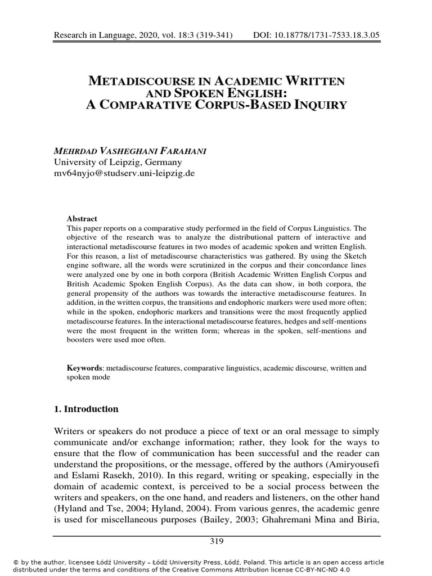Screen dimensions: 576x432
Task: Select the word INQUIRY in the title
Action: (x=317, y=105)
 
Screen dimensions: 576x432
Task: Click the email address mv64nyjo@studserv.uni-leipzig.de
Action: (x=124, y=173)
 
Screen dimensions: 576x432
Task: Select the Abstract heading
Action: (x=82, y=218)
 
